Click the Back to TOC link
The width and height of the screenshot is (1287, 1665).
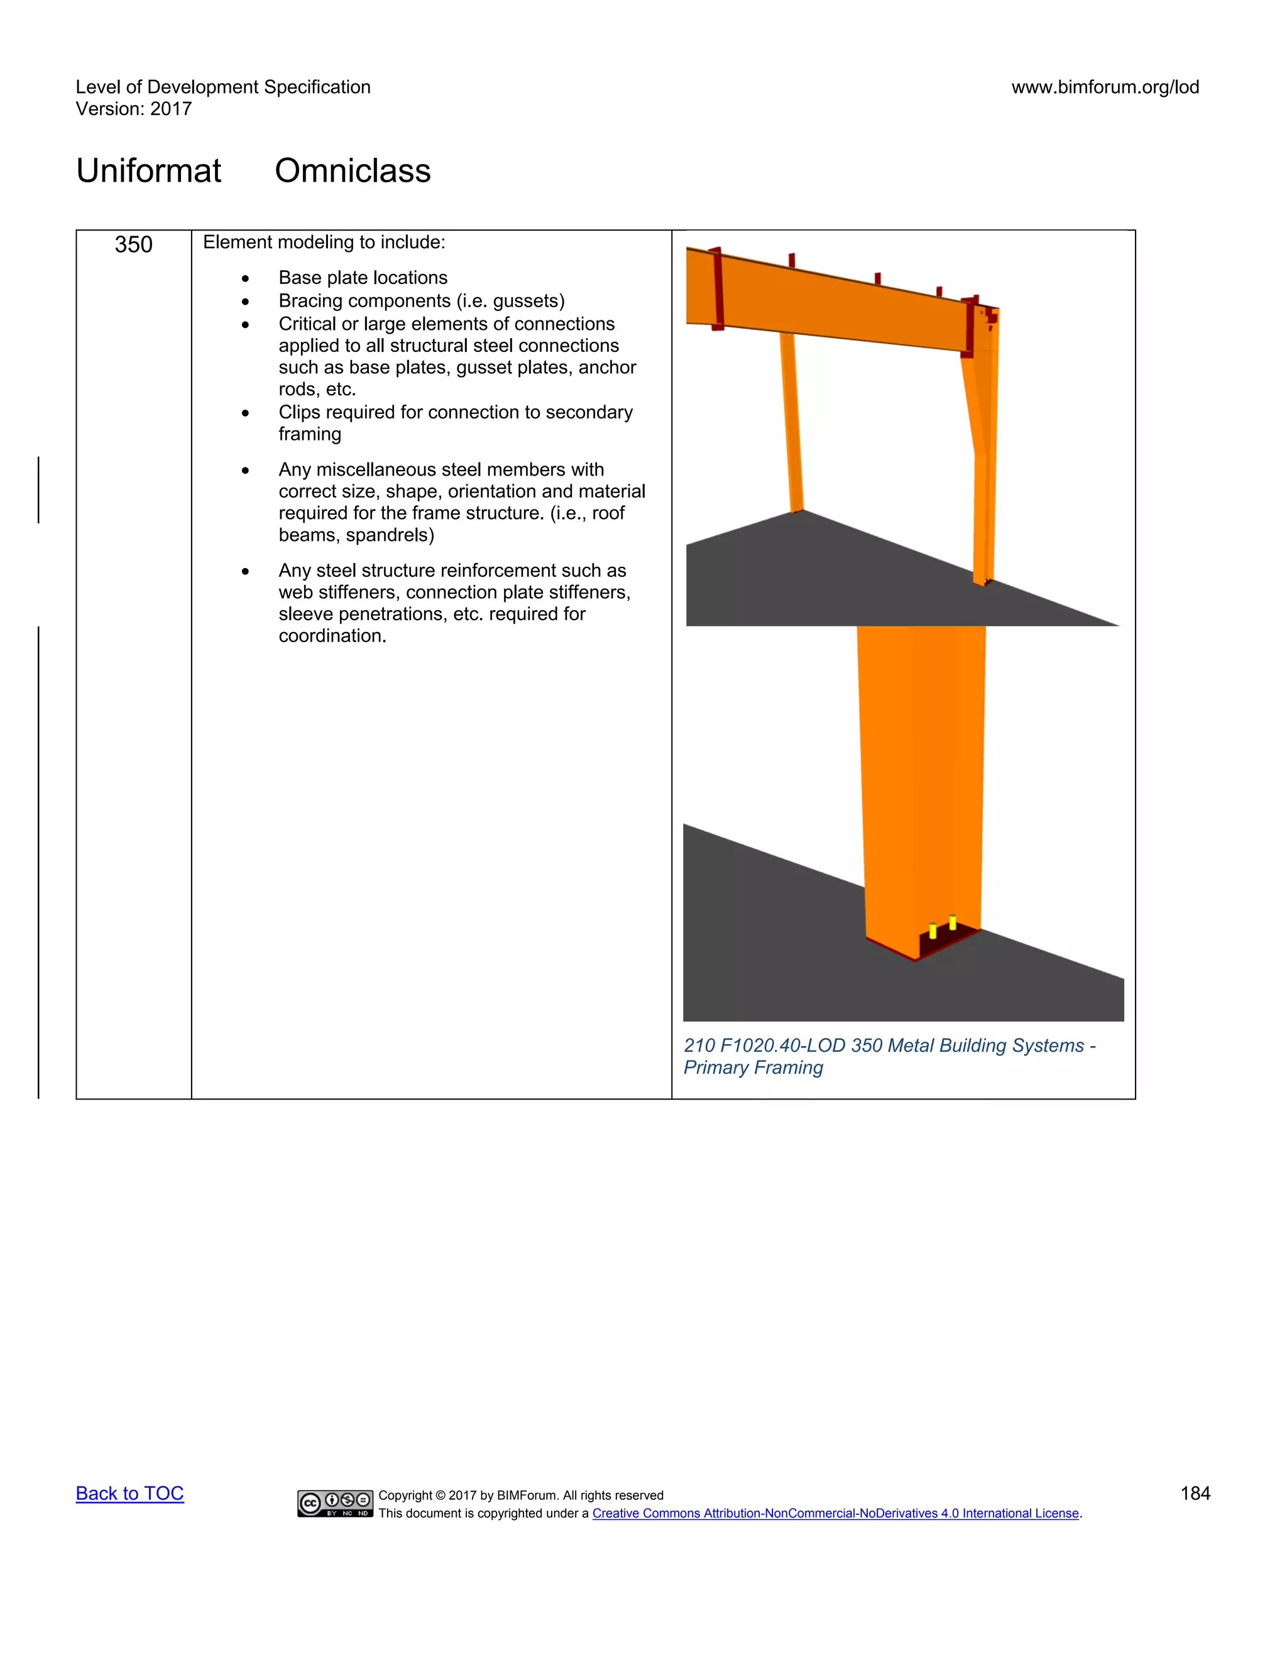coord(129,1493)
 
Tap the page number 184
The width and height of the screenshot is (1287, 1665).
coord(1195,1493)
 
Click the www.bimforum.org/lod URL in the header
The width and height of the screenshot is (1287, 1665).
coord(1105,87)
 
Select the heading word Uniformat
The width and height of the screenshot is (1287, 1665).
coord(149,170)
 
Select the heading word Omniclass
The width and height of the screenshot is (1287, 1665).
coord(353,170)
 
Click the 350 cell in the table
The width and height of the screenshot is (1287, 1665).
coord(133,244)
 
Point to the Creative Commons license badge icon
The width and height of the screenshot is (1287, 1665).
coord(336,1503)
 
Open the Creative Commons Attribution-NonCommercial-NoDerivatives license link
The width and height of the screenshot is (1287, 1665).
coord(836,1514)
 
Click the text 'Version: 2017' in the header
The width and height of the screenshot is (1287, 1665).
coord(133,109)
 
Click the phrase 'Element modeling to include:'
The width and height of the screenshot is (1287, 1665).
coord(324,243)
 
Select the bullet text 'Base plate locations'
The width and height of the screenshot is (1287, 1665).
coord(363,278)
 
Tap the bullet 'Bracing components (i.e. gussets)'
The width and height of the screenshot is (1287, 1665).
coord(421,300)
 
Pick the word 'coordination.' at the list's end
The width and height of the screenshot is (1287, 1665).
coord(332,636)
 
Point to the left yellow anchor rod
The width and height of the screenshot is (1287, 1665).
coord(933,931)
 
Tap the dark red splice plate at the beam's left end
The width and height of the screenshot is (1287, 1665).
coord(716,290)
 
